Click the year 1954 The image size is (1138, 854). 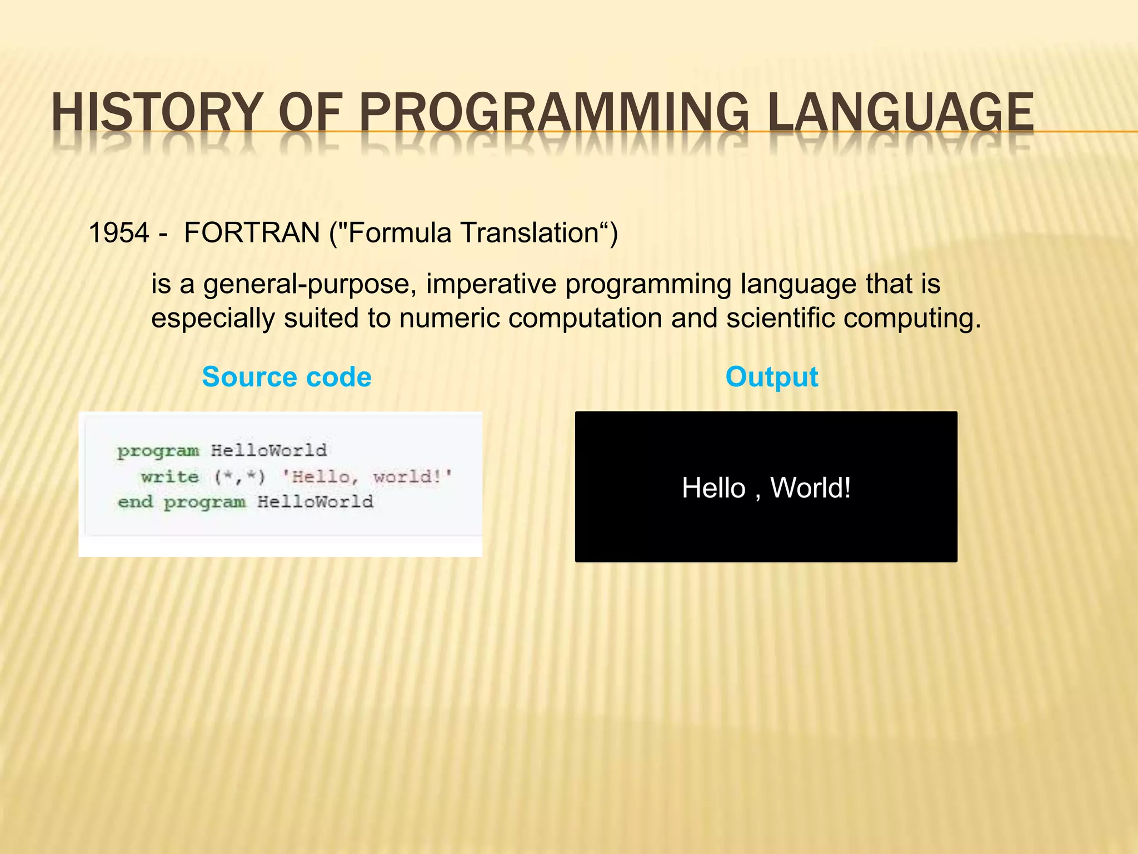pos(119,232)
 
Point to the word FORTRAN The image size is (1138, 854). pos(252,232)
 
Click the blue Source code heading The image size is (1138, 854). pos(287,377)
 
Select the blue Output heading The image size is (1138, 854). pos(772,377)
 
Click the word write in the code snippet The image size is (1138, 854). pos(169,476)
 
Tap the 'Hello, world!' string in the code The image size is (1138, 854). pos(367,476)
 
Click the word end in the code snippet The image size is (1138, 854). pos(135,502)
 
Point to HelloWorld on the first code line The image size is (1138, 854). pos(269,450)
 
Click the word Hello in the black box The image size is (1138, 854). pos(713,488)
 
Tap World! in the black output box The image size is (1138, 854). pos(811,488)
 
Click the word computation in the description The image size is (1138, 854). pos(585,319)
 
